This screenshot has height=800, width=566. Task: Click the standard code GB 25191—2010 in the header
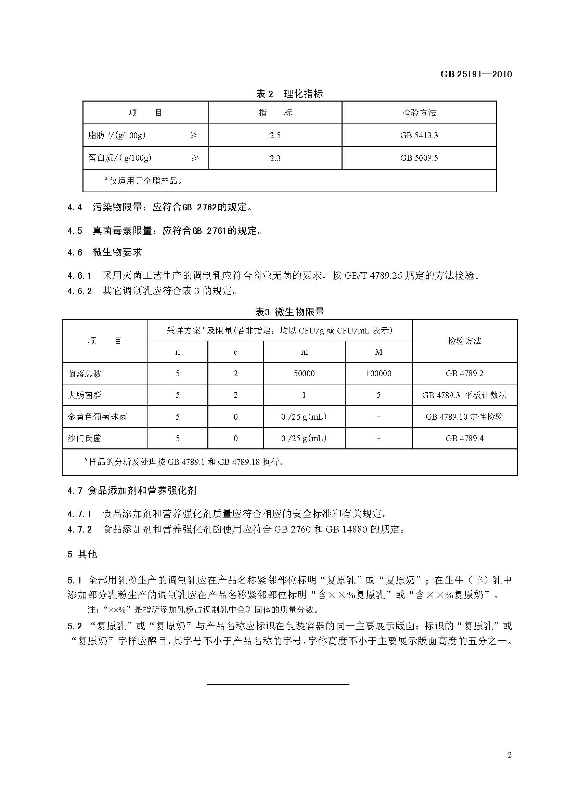tap(476, 74)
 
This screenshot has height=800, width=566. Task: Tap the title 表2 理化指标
tap(289, 94)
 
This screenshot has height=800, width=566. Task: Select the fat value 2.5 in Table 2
tap(275, 135)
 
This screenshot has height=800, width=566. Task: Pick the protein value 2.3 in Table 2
tap(275, 158)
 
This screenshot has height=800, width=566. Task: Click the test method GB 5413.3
tap(419, 135)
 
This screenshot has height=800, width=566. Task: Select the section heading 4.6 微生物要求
tap(105, 252)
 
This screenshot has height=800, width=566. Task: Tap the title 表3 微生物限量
tap(289, 312)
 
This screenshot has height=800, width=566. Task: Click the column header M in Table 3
tap(378, 352)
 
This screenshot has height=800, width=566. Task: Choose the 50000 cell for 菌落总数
tap(304, 373)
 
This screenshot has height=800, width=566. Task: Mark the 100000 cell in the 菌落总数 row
tap(378, 373)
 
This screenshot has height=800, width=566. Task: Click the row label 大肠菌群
tap(84, 395)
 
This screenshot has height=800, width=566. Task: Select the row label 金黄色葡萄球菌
tap(97, 417)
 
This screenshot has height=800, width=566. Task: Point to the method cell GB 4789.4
tap(464, 438)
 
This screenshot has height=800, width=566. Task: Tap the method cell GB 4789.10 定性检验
tap(464, 417)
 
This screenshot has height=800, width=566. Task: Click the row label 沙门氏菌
tap(84, 438)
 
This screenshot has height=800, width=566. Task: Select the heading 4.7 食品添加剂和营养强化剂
tap(132, 490)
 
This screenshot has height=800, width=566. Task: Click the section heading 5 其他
tap(82, 554)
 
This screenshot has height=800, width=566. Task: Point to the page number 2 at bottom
tap(510, 755)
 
